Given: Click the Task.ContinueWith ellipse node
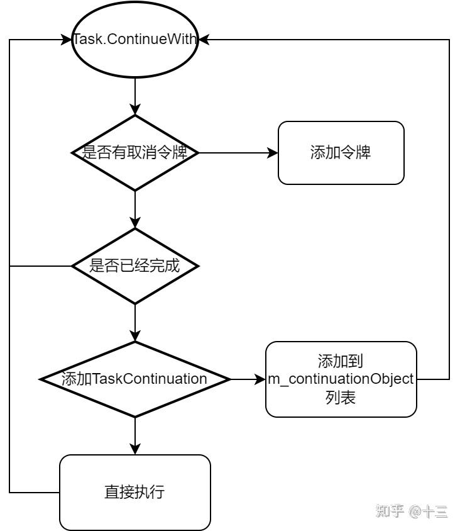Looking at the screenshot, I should coord(135,40).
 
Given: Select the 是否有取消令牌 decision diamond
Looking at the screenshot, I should coord(135,152).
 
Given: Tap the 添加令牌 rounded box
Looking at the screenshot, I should coord(341,153).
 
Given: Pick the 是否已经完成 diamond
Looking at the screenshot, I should coord(135,266).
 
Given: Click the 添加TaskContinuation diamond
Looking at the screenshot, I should coord(135,379).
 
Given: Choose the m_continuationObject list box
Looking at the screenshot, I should coord(341,379).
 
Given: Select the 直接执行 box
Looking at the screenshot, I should coord(135,492).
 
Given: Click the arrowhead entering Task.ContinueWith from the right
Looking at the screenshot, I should coord(205,40).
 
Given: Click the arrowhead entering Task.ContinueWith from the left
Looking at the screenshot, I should coord(66,40).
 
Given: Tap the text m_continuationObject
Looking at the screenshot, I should coord(341,379).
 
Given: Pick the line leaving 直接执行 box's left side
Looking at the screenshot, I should coord(35,492).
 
